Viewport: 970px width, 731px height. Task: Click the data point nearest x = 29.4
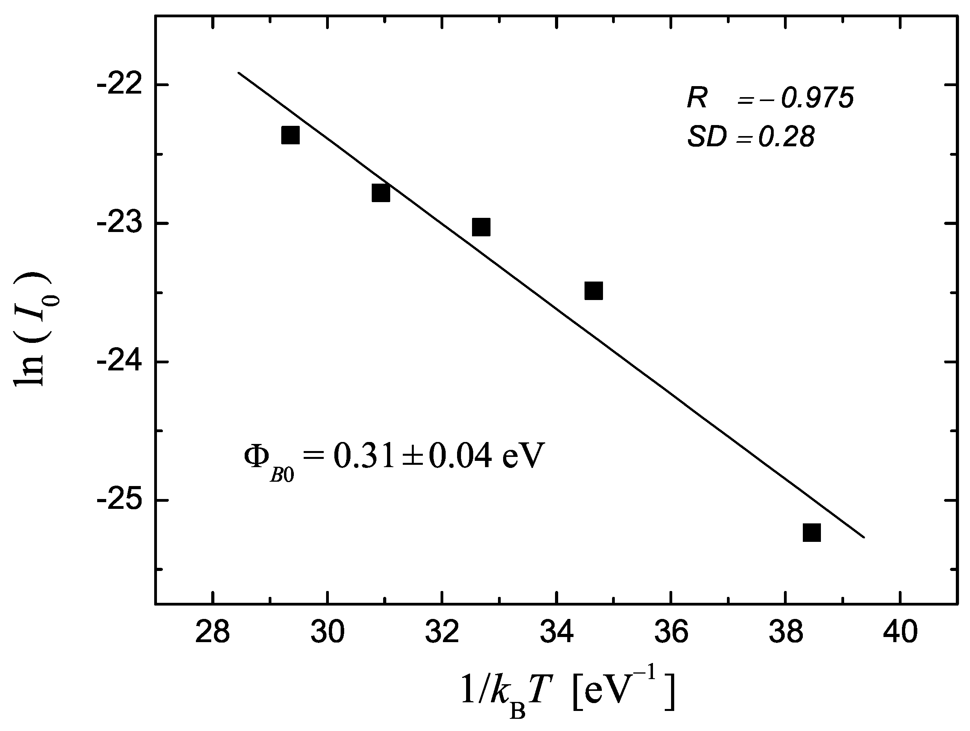pos(290,135)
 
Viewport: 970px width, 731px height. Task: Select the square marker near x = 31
pos(381,193)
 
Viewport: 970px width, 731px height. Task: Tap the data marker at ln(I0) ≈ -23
pos(481,227)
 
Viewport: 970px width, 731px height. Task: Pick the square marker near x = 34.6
pos(594,291)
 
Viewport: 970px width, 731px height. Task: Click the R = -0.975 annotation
pos(770,98)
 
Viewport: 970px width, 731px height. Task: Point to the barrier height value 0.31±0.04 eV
pos(439,456)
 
